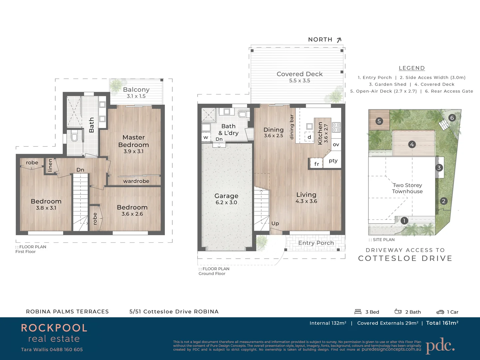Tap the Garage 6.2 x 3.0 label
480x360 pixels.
pyautogui.click(x=226, y=199)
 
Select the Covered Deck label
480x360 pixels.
pyautogui.click(x=299, y=77)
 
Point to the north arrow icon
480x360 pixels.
pyautogui.click(x=339, y=40)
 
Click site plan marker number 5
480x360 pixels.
pyautogui.click(x=379, y=121)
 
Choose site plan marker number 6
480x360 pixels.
pyautogui.click(x=452, y=118)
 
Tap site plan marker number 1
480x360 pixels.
pyautogui.click(x=404, y=220)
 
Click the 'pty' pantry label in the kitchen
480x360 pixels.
pyautogui.click(x=333, y=161)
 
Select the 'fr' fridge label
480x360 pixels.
pyautogui.click(x=316, y=164)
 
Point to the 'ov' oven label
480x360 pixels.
pyautogui.click(x=336, y=145)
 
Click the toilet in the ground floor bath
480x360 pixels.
pyautogui.click(x=243, y=114)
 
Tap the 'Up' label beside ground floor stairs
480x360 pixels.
pyautogui.click(x=275, y=223)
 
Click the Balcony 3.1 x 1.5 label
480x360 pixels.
pyautogui.click(x=136, y=92)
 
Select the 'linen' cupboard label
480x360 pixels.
pyautogui.click(x=50, y=165)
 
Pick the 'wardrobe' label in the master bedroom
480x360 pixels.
pyautogui.click(x=136, y=181)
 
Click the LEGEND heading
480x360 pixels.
pyautogui.click(x=412, y=68)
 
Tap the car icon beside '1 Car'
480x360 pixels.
pyautogui.click(x=440, y=312)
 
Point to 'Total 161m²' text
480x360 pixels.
pyautogui.click(x=442, y=323)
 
